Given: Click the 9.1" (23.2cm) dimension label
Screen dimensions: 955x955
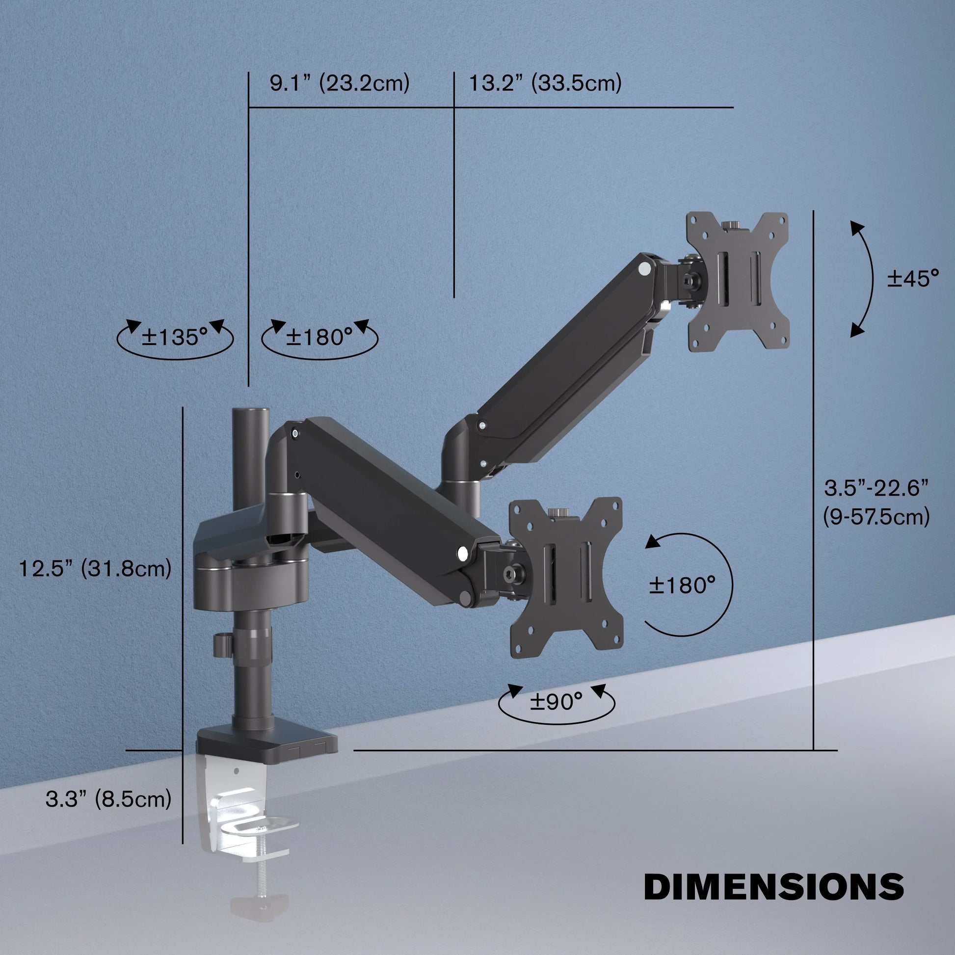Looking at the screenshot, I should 340,82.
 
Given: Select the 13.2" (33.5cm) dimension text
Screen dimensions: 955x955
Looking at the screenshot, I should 545,82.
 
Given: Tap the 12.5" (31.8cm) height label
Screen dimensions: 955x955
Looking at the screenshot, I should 95,568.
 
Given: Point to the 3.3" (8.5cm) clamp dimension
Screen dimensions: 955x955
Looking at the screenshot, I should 108,799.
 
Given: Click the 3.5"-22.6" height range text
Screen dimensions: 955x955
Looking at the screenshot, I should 876,488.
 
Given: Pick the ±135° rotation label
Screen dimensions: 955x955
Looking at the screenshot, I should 175,337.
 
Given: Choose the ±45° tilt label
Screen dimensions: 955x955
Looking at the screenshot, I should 912,278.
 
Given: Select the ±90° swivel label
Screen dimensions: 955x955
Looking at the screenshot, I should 556,701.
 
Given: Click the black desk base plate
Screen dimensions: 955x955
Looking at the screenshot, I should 267,743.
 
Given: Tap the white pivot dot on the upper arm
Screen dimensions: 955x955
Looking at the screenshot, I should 644,269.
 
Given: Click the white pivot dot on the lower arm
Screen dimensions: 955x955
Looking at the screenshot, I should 463,553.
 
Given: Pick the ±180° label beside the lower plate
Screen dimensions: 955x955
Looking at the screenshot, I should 682,585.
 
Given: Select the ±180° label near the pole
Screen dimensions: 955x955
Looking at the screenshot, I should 319,337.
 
